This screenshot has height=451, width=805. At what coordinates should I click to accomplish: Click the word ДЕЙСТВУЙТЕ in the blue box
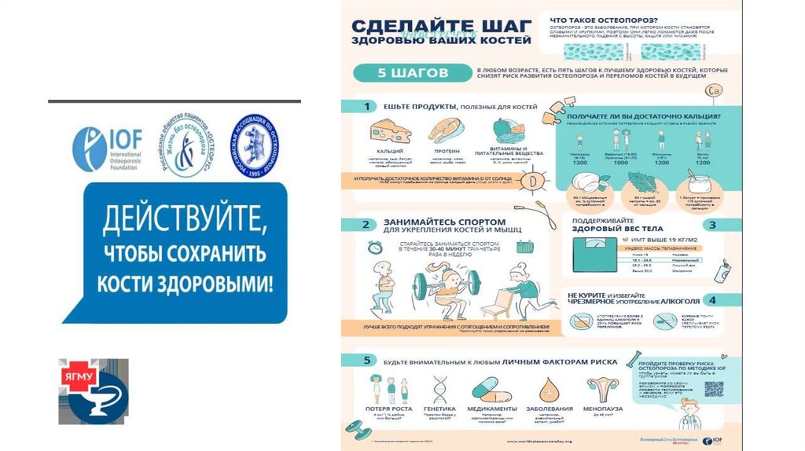[174, 216]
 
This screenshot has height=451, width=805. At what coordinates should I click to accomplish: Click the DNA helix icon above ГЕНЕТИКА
[439, 389]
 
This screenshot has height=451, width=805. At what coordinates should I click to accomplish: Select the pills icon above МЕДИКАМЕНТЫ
[491, 389]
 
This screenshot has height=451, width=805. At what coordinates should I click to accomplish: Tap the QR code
[713, 389]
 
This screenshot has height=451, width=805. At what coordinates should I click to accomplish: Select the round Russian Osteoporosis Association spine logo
[254, 144]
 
